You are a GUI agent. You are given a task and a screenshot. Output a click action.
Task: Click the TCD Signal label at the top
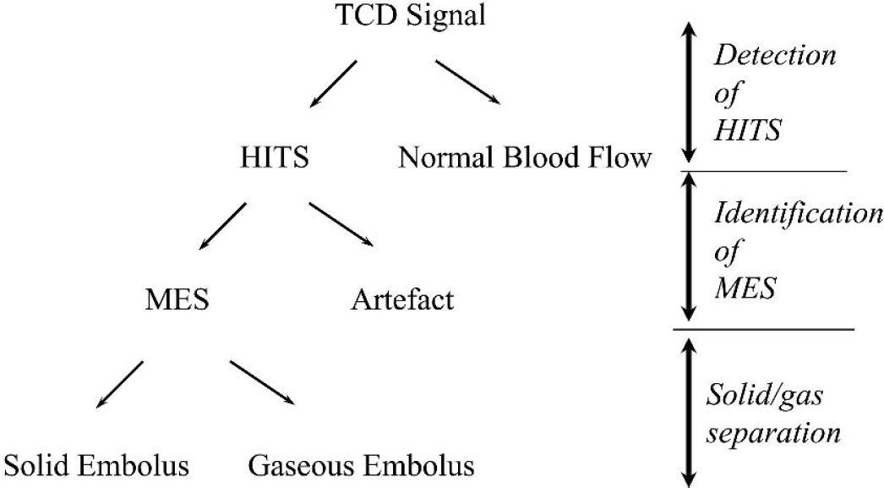click(411, 15)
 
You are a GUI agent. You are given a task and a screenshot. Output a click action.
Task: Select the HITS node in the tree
click(275, 156)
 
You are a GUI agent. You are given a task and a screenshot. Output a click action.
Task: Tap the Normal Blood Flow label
click(525, 156)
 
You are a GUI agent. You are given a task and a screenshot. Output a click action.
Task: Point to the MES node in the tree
click(177, 299)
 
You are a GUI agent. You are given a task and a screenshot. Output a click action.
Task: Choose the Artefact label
click(402, 299)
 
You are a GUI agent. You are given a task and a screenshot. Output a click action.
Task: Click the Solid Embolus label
click(97, 466)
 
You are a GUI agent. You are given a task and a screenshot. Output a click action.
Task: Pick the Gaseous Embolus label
click(362, 466)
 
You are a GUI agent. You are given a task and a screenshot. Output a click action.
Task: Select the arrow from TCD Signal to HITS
click(333, 84)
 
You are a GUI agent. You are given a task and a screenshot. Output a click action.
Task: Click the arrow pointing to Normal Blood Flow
click(467, 82)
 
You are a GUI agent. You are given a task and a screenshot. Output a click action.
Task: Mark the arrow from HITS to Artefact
click(341, 224)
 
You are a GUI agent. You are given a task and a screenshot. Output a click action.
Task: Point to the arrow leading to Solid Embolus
click(119, 384)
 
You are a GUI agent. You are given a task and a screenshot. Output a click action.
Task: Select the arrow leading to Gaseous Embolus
click(262, 382)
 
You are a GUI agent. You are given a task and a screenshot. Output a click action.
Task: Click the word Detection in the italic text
click(775, 55)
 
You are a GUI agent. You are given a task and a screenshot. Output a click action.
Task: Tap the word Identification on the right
click(799, 213)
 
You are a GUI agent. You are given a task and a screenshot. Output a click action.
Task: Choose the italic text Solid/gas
click(765, 396)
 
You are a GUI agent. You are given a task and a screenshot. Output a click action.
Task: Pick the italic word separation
click(774, 433)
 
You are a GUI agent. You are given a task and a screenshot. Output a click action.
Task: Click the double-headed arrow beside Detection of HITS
click(689, 92)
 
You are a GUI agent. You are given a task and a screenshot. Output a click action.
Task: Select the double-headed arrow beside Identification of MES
click(689, 247)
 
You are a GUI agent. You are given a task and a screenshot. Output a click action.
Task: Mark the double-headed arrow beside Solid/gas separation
click(689, 412)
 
